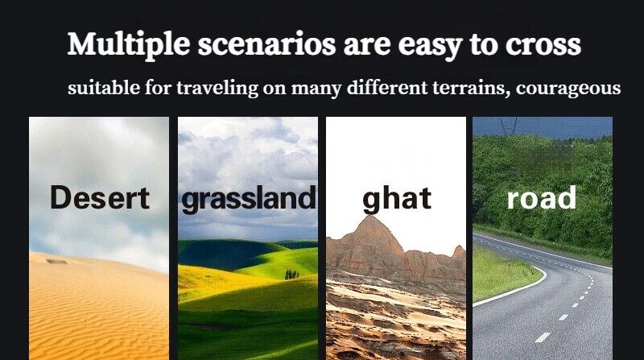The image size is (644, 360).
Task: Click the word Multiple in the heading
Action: tap(129, 44)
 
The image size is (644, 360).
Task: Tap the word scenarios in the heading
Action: tap(267, 44)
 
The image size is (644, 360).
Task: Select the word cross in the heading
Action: tap(543, 45)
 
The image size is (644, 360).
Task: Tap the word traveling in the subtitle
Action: tap(217, 89)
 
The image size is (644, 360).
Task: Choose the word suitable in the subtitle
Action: tap(104, 88)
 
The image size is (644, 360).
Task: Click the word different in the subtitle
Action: tap(387, 88)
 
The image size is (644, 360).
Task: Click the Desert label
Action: tap(100, 197)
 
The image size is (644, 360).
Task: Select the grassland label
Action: tap(249, 199)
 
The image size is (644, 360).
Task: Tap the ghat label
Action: tap(397, 199)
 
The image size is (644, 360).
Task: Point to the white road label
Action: tap(541, 198)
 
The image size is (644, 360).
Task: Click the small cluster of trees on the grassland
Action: tap(291, 274)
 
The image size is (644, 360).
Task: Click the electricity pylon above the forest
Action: tap(509, 125)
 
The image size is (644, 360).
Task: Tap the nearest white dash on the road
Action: tap(542, 337)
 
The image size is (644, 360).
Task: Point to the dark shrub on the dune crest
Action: tap(56, 262)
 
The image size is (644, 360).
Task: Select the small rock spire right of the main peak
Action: tap(459, 250)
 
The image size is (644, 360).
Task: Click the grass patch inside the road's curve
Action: tap(503, 273)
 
